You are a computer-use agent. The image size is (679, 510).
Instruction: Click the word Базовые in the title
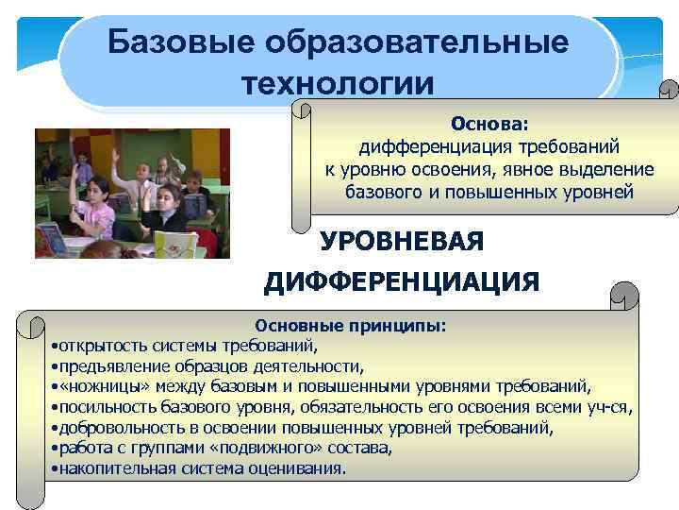[x=181, y=42]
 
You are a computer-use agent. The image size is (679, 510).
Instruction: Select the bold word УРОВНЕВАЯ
[x=402, y=242]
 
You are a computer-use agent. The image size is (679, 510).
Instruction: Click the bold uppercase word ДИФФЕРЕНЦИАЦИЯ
[x=402, y=281]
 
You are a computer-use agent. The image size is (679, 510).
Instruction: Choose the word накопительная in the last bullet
[x=111, y=468]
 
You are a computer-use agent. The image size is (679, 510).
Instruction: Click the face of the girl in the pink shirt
[x=93, y=190]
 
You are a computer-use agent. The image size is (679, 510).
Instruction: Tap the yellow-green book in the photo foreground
[x=174, y=243]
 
